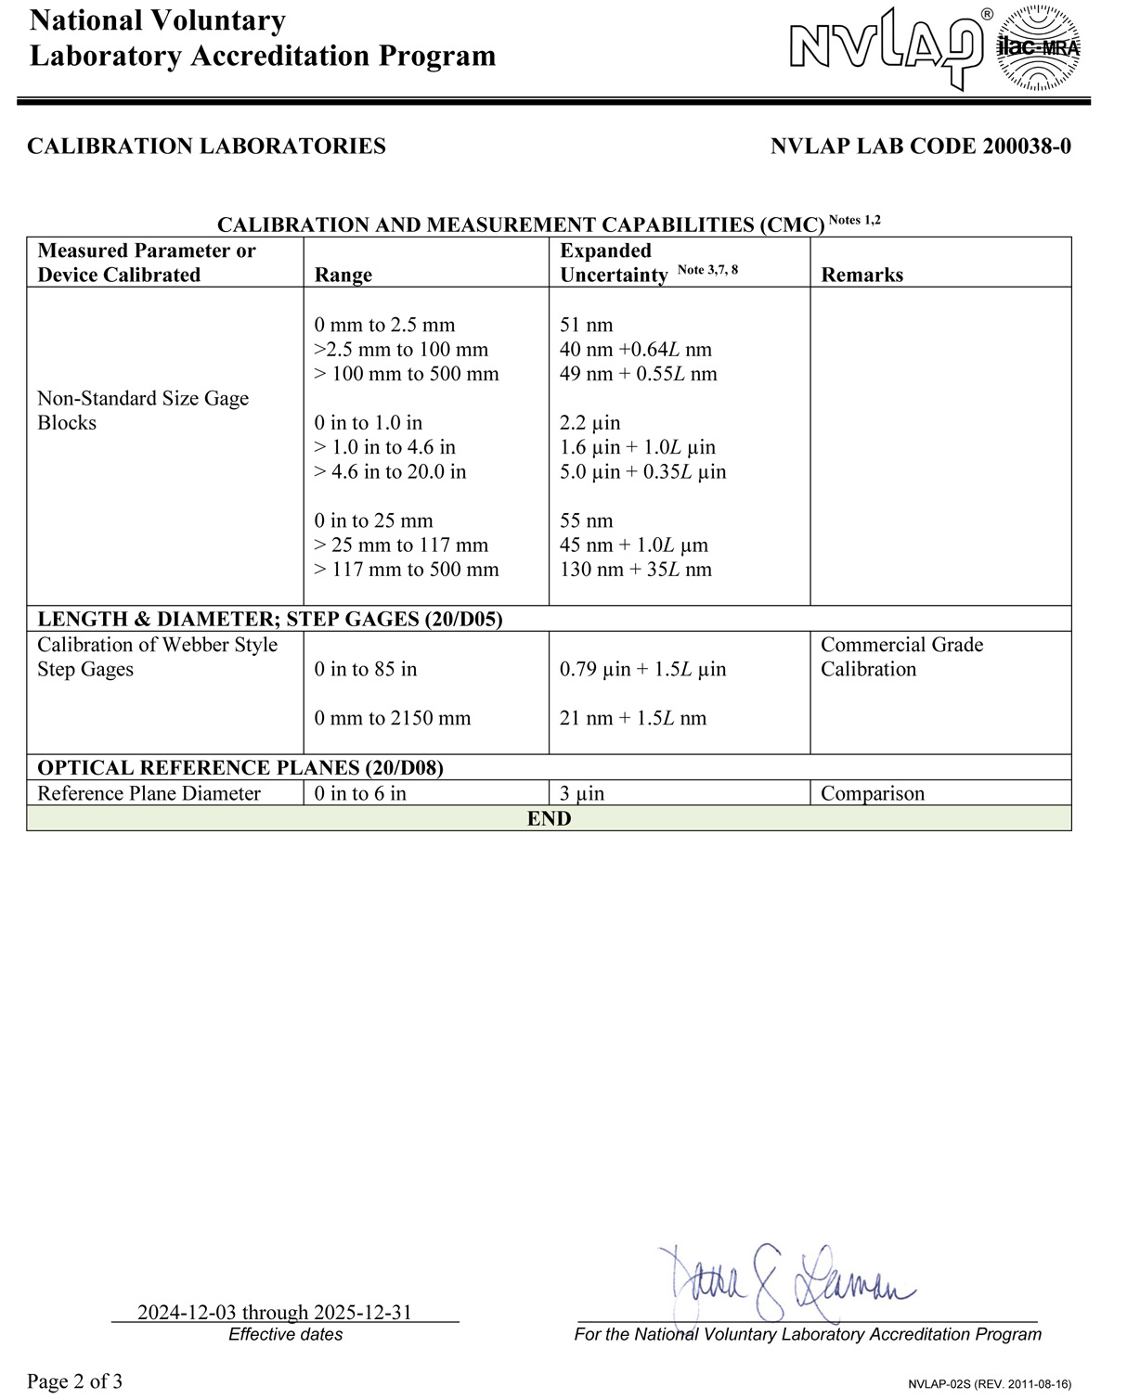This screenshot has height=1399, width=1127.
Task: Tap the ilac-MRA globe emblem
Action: pos(1038,48)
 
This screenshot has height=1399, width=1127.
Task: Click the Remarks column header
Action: pos(861,275)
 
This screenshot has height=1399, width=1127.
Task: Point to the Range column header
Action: pos(343,275)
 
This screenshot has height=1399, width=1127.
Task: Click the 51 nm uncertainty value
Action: pos(587,325)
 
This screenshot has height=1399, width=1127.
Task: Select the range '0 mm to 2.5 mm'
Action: pos(384,325)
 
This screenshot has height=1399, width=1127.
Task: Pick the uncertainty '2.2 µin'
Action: pos(590,423)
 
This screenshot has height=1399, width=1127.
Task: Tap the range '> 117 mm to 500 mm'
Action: pos(407,570)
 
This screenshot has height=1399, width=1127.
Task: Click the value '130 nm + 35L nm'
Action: pos(636,570)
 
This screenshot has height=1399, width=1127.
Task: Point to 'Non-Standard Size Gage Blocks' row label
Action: pos(143,410)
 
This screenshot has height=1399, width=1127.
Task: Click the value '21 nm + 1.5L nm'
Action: pos(633,718)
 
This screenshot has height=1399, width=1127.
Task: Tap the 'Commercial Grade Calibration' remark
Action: pos(901,657)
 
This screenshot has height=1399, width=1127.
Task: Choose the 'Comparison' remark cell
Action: pos(873,793)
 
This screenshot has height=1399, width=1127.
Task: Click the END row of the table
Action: pos(549,818)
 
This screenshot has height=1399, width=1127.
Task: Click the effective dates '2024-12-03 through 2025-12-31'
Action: pos(275,1312)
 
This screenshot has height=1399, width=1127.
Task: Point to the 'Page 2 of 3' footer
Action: pos(75,1381)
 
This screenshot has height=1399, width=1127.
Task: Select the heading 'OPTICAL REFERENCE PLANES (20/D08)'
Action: pos(240,768)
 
